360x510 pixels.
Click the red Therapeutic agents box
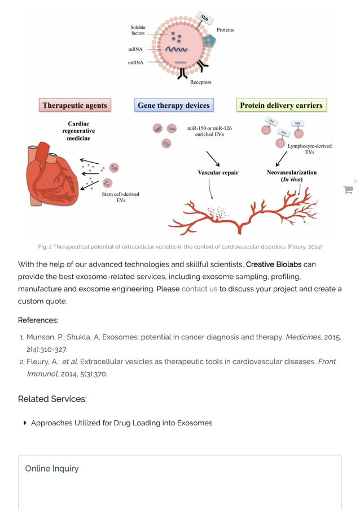(x=74, y=105)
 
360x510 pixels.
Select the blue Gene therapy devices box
(x=173, y=105)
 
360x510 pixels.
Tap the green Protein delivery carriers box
(x=281, y=105)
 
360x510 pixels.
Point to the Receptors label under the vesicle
(x=200, y=82)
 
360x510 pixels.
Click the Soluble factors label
(x=138, y=30)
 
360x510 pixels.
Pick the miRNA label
(x=136, y=62)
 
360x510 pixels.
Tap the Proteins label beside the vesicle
(x=225, y=30)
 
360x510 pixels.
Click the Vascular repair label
(x=218, y=172)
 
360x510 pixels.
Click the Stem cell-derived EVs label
(x=120, y=197)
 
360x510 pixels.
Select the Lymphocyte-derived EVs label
(x=309, y=149)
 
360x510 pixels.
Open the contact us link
(x=199, y=289)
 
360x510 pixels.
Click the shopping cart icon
(x=348, y=190)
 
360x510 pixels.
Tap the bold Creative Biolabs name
(x=274, y=264)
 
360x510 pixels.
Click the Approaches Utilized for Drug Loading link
(x=121, y=422)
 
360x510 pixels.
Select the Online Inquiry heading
(x=52, y=468)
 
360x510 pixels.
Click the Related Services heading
(x=52, y=399)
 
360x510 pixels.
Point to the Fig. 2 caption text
(x=179, y=247)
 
